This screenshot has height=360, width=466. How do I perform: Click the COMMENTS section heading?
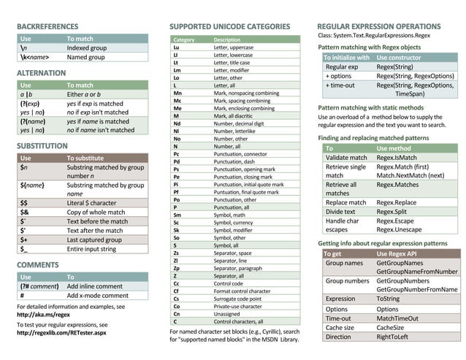pyautogui.click(x=38, y=264)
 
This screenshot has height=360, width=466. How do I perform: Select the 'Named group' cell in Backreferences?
pyautogui.click(x=85, y=57)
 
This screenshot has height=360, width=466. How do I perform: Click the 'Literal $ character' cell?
pyautogui.click(x=91, y=202)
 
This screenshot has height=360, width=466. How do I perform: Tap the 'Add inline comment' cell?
pyautogui.click(x=95, y=286)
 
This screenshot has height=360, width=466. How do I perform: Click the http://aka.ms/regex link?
pyautogui.click(x=47, y=315)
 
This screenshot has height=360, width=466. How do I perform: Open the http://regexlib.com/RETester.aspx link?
pyautogui.click(x=61, y=333)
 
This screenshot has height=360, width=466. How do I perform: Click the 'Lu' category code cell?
pyautogui.click(x=176, y=47)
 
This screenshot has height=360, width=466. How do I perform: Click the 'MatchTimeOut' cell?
pyautogui.click(x=397, y=318)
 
